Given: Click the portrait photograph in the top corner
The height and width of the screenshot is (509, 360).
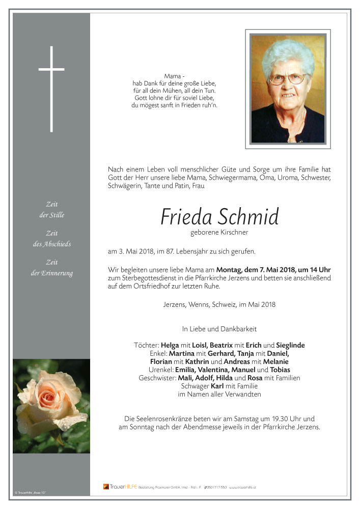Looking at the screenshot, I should [288, 89].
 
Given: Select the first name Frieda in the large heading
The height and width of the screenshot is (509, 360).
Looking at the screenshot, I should [186, 217].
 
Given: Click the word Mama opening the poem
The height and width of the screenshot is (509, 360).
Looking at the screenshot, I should [172, 76].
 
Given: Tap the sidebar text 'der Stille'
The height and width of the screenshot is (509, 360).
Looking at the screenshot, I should [52, 215].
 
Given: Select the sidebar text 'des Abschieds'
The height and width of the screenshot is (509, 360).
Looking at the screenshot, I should [51, 244].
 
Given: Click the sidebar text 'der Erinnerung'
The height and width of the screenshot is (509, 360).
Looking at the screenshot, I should [51, 273].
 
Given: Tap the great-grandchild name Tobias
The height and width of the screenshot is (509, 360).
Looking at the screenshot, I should [280, 370].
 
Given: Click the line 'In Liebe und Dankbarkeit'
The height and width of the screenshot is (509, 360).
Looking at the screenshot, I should [219, 329].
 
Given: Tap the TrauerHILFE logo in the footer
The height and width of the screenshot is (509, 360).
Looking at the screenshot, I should [120, 487].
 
